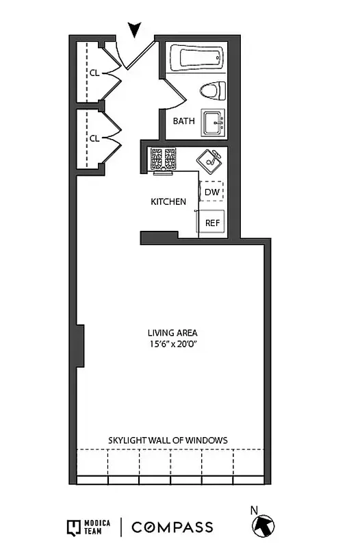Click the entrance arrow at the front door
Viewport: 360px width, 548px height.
[x=135, y=29]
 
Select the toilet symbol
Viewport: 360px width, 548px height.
[x=214, y=90]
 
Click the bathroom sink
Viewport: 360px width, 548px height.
[x=214, y=124]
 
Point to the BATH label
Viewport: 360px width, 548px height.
[x=183, y=121]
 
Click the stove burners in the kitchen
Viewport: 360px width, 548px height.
[x=163, y=159]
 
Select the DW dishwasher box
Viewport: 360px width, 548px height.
[x=211, y=192]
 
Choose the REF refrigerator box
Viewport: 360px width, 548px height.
[x=212, y=223]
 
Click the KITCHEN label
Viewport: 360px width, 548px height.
[x=168, y=202]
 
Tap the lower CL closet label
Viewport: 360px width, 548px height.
[x=94, y=138]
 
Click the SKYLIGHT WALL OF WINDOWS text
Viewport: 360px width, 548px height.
[x=168, y=440]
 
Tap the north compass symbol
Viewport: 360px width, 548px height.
[x=263, y=526]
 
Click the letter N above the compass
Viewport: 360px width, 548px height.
[x=254, y=510]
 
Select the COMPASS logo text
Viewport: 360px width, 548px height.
[x=172, y=527]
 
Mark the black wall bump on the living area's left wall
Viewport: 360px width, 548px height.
[x=80, y=346]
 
